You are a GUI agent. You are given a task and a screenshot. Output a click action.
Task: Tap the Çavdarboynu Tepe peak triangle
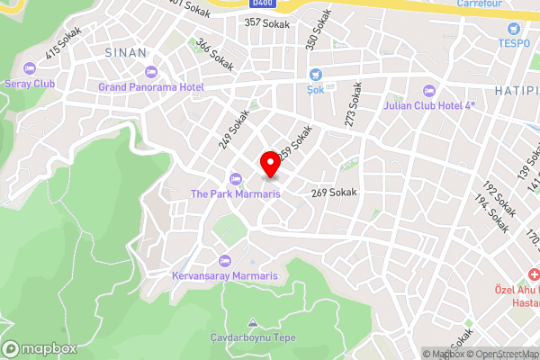pos(253,322)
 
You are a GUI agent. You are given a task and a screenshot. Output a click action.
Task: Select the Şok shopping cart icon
pos(315,75)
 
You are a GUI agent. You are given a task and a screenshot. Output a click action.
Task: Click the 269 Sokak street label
pos(335,193)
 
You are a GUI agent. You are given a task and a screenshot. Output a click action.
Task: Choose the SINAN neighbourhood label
pos(126,52)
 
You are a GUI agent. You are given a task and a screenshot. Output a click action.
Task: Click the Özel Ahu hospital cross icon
pos(533,274)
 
